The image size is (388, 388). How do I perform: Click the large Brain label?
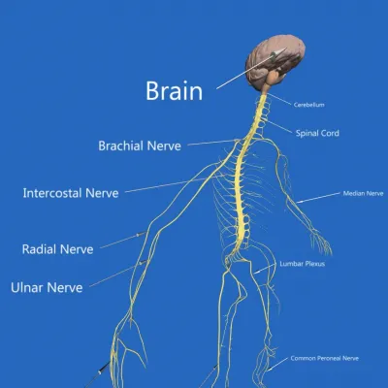pos(175,91)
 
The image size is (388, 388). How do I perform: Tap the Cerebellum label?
pos(308,105)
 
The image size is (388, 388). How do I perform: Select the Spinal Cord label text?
pos(317,133)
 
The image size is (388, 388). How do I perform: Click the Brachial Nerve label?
pos(140,145)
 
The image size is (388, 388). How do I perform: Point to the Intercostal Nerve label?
pos(71,193)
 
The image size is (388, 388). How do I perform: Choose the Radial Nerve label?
pos(57,249)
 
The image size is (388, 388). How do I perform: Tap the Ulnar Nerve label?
pos(47,287)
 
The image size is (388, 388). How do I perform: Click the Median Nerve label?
pos(363,193)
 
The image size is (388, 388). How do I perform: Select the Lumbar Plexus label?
pos(303,264)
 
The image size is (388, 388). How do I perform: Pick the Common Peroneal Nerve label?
pos(324,358)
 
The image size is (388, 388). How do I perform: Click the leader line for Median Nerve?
pos(318,198)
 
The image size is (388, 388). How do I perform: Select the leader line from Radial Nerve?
pos(123,240)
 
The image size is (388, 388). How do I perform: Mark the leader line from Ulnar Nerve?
pos(118,274)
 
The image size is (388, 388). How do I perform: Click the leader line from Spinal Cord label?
pos(278,126)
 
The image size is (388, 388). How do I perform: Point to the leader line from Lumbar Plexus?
pos(265,269)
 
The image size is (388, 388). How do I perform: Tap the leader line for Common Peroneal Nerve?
pos(277,364)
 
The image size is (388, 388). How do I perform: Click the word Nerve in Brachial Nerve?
pos(164,145)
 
